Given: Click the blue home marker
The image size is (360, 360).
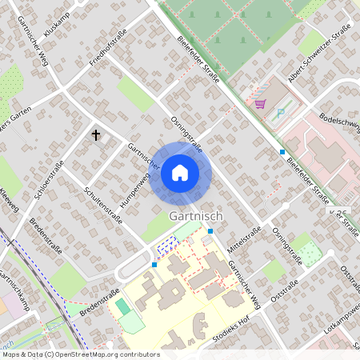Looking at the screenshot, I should [x=180, y=172].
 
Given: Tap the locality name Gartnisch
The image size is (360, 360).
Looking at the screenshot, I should [x=196, y=217].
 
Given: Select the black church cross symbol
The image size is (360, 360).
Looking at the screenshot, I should [x=97, y=135].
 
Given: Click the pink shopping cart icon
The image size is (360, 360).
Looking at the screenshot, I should [x=260, y=104].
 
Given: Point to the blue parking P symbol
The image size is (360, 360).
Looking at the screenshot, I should [x=280, y=113].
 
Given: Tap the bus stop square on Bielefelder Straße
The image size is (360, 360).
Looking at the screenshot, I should [x=282, y=151].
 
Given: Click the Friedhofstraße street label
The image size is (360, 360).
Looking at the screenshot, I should [x=108, y=47].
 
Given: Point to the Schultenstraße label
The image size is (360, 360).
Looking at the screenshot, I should [x=103, y=205].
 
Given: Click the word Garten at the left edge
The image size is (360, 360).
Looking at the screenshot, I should [x=19, y=109].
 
